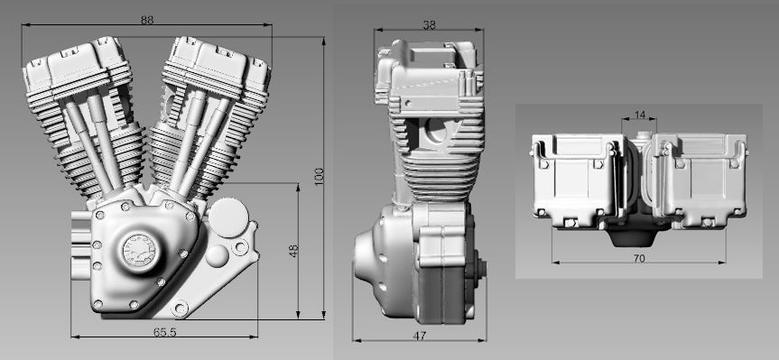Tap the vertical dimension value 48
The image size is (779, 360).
click(293, 251)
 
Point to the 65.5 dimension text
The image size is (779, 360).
click(165, 332)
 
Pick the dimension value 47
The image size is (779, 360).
click(419, 336)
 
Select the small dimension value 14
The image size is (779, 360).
click(640, 115)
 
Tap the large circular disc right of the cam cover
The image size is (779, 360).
click(227, 217)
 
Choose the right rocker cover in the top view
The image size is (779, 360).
click(700, 176)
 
